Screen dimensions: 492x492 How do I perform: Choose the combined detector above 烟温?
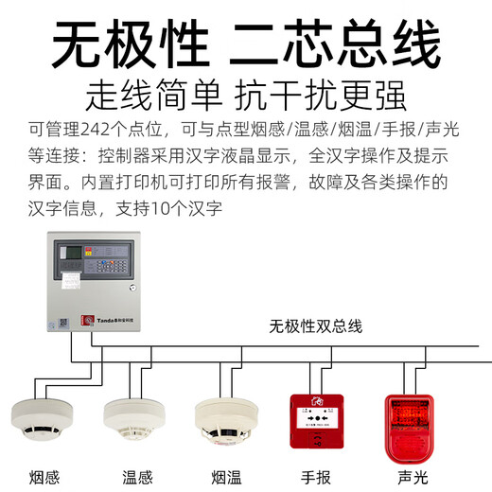pyautogui.click(x=226, y=418)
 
